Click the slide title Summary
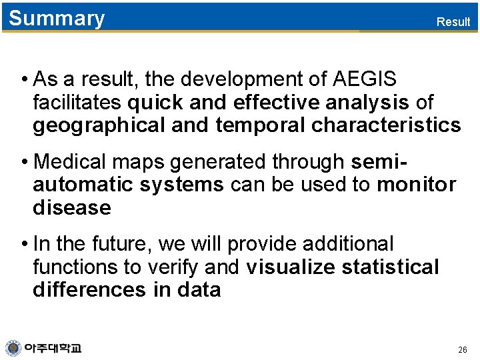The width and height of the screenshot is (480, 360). pos(57,19)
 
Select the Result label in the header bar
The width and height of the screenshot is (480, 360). pos(453,21)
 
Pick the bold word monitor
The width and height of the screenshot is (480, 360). pos(416,184)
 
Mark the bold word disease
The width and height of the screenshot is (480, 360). pos(71,207)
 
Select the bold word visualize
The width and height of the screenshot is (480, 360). pos(290,267)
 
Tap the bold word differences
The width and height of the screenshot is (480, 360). pos(89,290)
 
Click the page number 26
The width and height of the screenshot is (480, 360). pos(463,350)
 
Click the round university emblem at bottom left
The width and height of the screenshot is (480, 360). pos(13,348)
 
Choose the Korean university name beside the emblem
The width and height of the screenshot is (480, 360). pos(53,348)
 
